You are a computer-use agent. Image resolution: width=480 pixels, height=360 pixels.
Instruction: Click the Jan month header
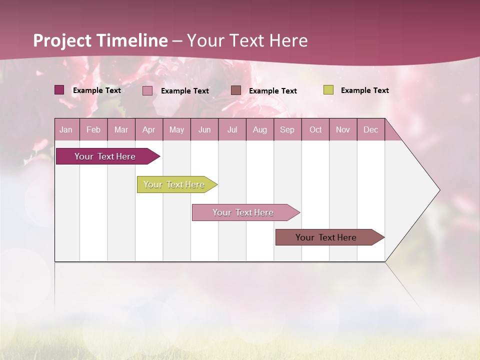point(66,129)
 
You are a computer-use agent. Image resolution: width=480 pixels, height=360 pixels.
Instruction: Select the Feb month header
point(93,129)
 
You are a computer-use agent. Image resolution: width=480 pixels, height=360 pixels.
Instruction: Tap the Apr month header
point(149,129)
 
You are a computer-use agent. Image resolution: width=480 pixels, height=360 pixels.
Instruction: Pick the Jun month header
point(204,129)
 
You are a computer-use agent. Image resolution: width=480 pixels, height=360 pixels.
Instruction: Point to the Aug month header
point(260,129)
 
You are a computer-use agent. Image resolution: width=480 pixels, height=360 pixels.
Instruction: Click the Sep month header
point(287,129)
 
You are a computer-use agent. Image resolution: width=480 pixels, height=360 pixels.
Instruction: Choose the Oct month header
point(315,129)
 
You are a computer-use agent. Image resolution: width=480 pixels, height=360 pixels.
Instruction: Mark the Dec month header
point(371,129)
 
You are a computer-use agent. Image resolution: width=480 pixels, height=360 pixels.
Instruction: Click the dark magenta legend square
point(59,90)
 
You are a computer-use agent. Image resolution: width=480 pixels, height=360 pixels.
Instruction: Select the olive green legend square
point(328,90)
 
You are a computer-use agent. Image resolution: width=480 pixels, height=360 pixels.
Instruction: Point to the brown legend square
point(236,90)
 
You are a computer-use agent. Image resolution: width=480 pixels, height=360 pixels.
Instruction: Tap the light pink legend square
point(147,90)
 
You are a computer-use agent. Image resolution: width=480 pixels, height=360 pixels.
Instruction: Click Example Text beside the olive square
point(364,90)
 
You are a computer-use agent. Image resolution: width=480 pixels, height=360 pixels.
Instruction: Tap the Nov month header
point(343,129)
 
